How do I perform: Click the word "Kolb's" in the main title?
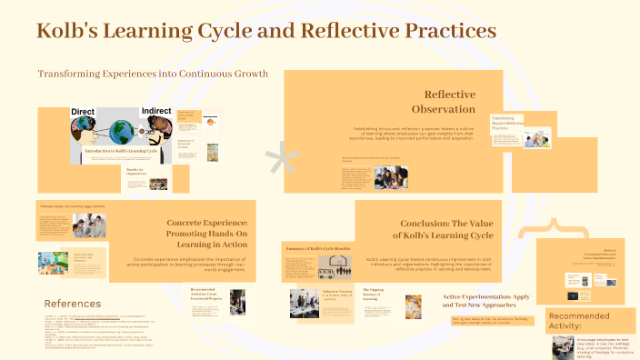[x=74, y=31]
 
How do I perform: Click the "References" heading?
[x=73, y=303]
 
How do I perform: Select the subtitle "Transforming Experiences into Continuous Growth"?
[x=153, y=74]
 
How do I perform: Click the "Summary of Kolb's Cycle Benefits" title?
[x=316, y=249]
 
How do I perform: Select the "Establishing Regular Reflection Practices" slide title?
[x=508, y=123]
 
